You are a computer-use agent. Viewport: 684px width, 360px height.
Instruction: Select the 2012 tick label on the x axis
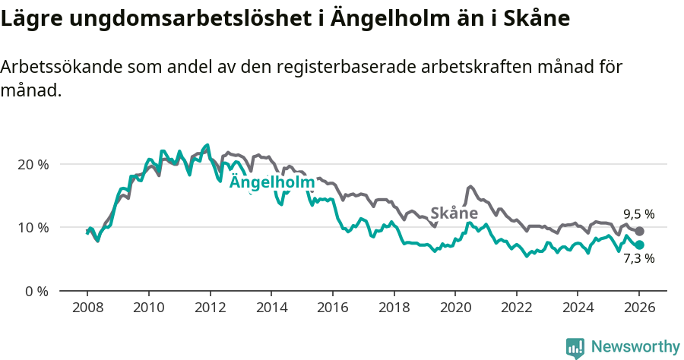point(209,309)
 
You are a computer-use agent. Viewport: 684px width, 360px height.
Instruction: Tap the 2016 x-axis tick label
point(332,309)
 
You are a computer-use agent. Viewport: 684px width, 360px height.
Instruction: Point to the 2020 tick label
point(454,309)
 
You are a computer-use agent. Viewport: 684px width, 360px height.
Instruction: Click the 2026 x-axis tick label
point(638,309)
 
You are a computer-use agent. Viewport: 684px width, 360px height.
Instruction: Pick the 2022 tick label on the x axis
point(516,309)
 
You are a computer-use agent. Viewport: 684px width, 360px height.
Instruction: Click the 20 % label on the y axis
point(32,164)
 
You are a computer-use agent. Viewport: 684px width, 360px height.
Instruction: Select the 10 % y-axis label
point(32,228)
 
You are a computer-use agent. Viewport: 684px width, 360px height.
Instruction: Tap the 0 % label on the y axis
point(36,291)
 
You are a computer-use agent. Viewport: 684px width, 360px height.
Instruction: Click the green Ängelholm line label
point(271,183)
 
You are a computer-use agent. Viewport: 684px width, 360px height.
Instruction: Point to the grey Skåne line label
point(454,213)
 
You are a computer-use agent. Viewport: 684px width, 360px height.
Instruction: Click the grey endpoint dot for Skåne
point(639,231)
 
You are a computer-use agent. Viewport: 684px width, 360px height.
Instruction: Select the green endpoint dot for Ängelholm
point(639,245)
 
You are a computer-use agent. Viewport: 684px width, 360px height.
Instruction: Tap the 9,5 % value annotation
point(638,214)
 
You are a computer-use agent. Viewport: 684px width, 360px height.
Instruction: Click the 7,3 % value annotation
point(638,259)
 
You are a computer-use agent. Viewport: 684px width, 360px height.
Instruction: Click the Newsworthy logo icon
point(575,347)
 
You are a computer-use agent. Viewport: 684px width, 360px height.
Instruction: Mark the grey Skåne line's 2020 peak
point(470,186)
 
